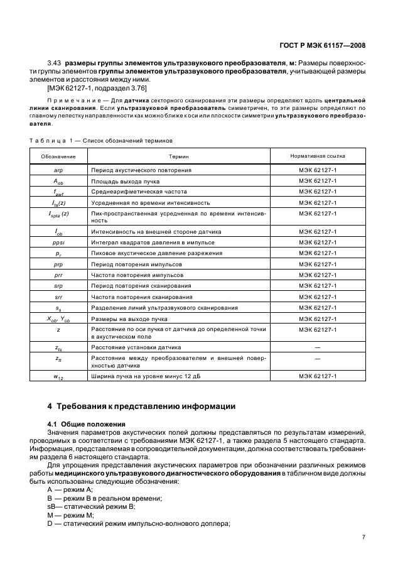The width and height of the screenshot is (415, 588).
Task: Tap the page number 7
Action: pos(364,537)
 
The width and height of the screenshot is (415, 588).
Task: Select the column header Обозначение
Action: pos(58,156)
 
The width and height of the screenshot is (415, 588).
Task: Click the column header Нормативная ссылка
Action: pos(317,156)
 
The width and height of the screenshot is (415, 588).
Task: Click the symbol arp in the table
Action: pos(58,170)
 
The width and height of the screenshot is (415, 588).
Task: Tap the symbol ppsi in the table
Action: pos(58,242)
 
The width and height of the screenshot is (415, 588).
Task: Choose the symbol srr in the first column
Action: pos(58,296)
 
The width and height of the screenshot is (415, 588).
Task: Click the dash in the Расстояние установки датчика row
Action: pos(317,347)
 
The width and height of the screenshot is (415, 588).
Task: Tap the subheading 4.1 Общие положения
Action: pos(87,424)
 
